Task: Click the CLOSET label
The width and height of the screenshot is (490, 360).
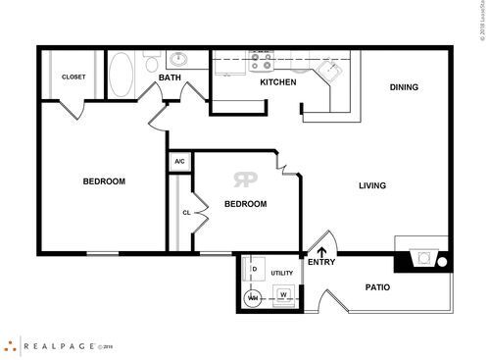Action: tap(73, 77)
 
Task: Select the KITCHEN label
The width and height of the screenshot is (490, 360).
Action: tap(277, 82)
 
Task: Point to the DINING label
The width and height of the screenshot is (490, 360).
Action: tap(404, 87)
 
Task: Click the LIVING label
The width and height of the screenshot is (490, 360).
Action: tap(371, 185)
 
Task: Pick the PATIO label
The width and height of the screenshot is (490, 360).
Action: tap(377, 287)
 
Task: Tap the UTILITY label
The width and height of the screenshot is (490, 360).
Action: tap(282, 274)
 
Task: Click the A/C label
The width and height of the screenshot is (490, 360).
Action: tap(179, 161)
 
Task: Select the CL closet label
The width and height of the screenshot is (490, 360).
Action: tap(185, 212)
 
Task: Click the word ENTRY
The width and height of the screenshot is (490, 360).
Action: tap(321, 262)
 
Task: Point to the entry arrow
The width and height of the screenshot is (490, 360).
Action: tap(321, 238)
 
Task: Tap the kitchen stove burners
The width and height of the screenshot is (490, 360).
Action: tap(262, 62)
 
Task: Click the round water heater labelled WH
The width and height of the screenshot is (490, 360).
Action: tap(253, 297)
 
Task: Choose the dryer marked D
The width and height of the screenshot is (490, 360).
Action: tap(253, 268)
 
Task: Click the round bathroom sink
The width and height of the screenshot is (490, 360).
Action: tap(178, 59)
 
